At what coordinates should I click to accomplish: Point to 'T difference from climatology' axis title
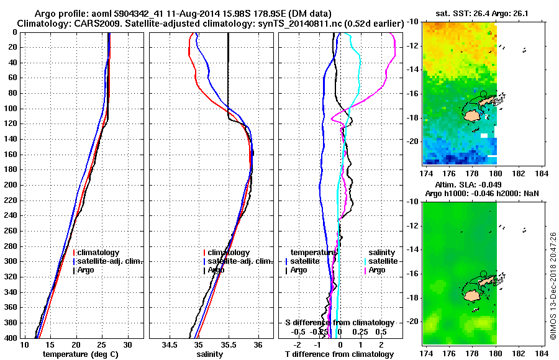pos(339,354)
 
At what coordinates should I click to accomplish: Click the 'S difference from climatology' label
pos(339,323)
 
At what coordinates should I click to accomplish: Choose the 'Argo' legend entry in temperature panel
pos(87,270)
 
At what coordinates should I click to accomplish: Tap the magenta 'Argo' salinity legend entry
pos(376,270)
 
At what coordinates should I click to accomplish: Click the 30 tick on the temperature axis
pos(128,344)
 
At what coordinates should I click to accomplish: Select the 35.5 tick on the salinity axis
pos(228,344)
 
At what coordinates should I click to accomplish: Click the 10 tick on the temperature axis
pos(25,344)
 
